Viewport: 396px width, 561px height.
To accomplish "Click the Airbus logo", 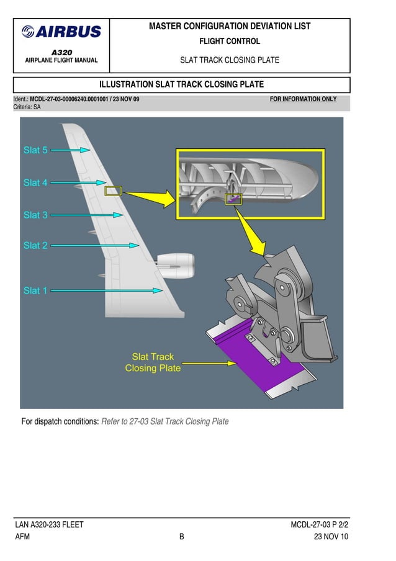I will pyautogui.click(x=61, y=32).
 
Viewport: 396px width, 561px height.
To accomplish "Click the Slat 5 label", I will pyautogui.click(x=35, y=150).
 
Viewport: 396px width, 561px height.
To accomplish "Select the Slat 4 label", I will pyautogui.click(x=35, y=182).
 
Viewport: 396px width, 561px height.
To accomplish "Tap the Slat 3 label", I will pyautogui.click(x=35, y=215).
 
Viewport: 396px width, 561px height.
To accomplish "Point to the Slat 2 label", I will pyautogui.click(x=35, y=245).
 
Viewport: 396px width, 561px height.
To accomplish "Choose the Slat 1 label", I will pyautogui.click(x=35, y=290).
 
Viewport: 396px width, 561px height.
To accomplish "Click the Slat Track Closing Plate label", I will pyautogui.click(x=153, y=362).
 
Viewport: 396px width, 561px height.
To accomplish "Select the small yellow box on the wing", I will pyautogui.click(x=113, y=191).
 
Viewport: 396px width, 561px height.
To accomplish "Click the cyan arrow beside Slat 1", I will pyautogui.click(x=106, y=290).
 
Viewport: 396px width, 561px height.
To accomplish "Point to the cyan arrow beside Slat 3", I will pyautogui.click(x=86, y=215).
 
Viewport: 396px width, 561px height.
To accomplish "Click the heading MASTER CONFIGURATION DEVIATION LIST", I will pyautogui.click(x=230, y=27).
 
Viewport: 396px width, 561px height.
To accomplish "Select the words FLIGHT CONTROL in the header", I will pyautogui.click(x=229, y=42).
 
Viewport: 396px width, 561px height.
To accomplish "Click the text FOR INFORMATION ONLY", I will pyautogui.click(x=303, y=99).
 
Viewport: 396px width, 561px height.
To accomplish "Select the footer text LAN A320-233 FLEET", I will pyautogui.click(x=50, y=525).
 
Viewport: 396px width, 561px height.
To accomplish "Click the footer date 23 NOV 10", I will pyautogui.click(x=331, y=537).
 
